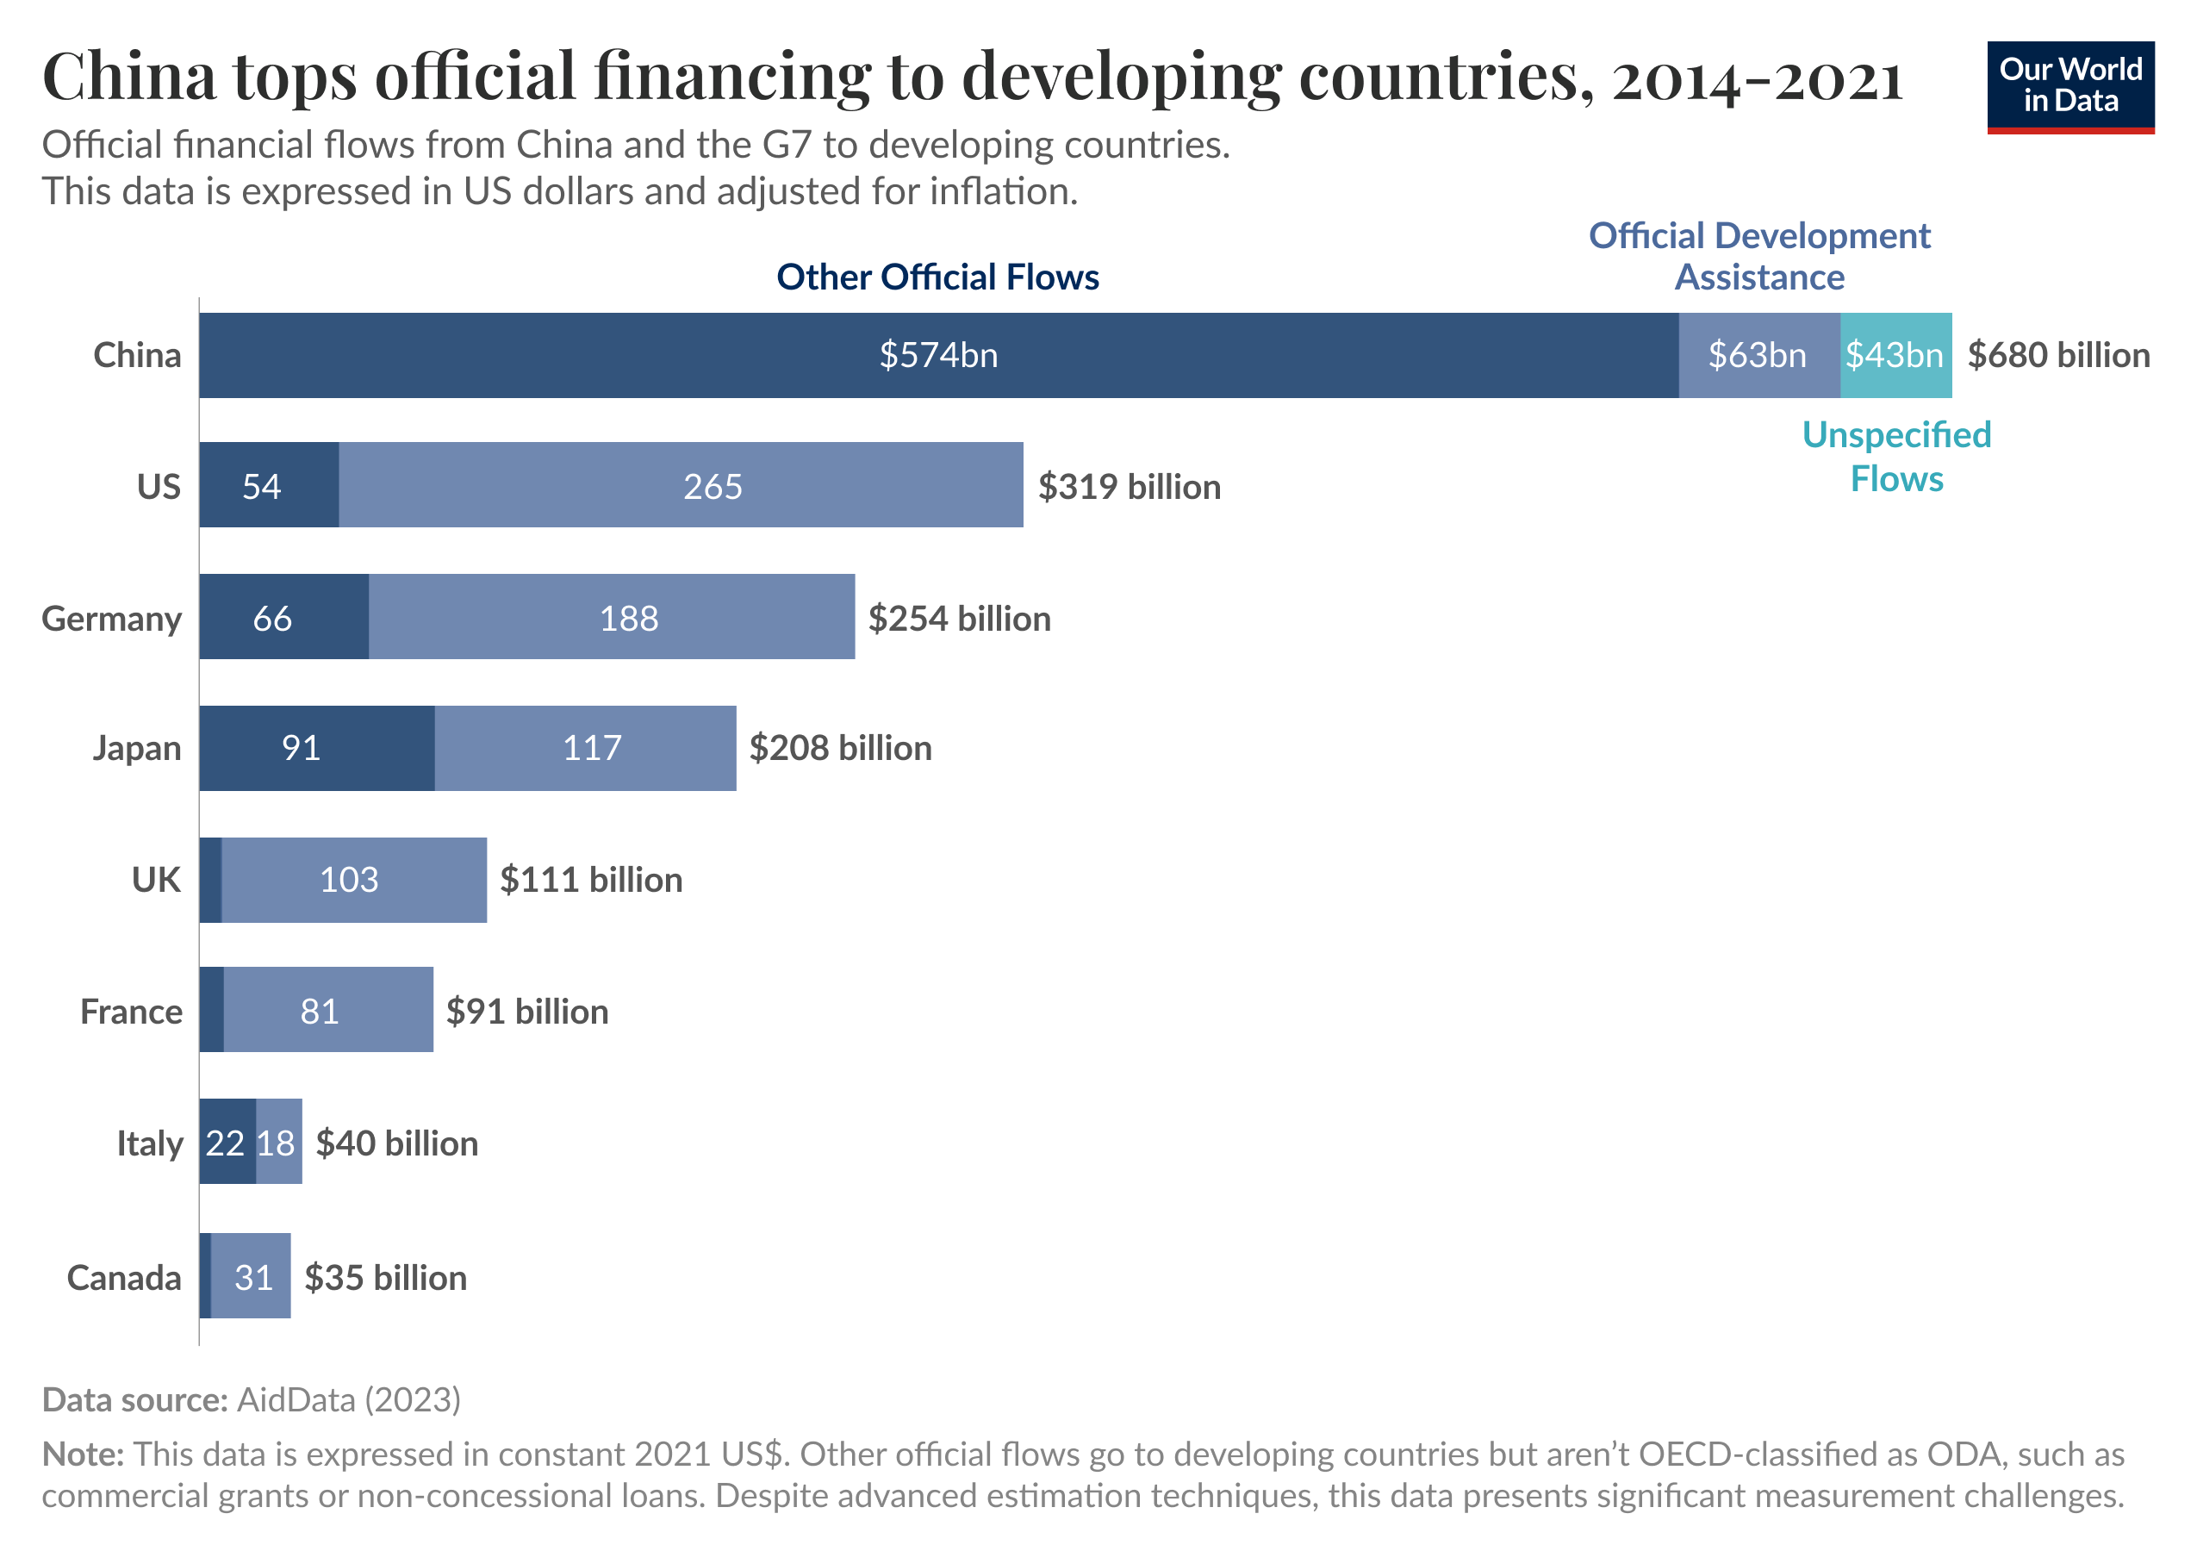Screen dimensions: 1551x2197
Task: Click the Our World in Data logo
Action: coord(2069,86)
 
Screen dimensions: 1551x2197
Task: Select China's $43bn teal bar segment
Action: coord(1895,355)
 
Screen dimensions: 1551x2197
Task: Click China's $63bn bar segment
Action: coord(1758,355)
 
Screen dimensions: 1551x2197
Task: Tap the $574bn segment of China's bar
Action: coord(937,355)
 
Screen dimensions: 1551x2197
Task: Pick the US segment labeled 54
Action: coord(269,485)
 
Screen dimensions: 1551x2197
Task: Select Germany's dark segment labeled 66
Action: coord(283,617)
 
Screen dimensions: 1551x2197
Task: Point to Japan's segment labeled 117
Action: coord(586,748)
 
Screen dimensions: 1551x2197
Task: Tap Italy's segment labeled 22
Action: coord(227,1143)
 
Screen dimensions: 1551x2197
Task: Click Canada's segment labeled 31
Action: coord(251,1276)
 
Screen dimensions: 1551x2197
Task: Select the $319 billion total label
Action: coord(1130,487)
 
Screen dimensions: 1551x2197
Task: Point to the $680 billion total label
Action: coord(2057,355)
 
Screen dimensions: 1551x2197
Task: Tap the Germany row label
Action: coord(111,619)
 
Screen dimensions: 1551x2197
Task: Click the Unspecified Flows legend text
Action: coord(1895,457)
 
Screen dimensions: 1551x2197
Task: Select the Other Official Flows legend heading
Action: coord(937,277)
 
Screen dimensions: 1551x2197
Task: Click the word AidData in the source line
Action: coord(296,1400)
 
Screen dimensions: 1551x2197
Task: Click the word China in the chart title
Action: coord(128,77)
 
